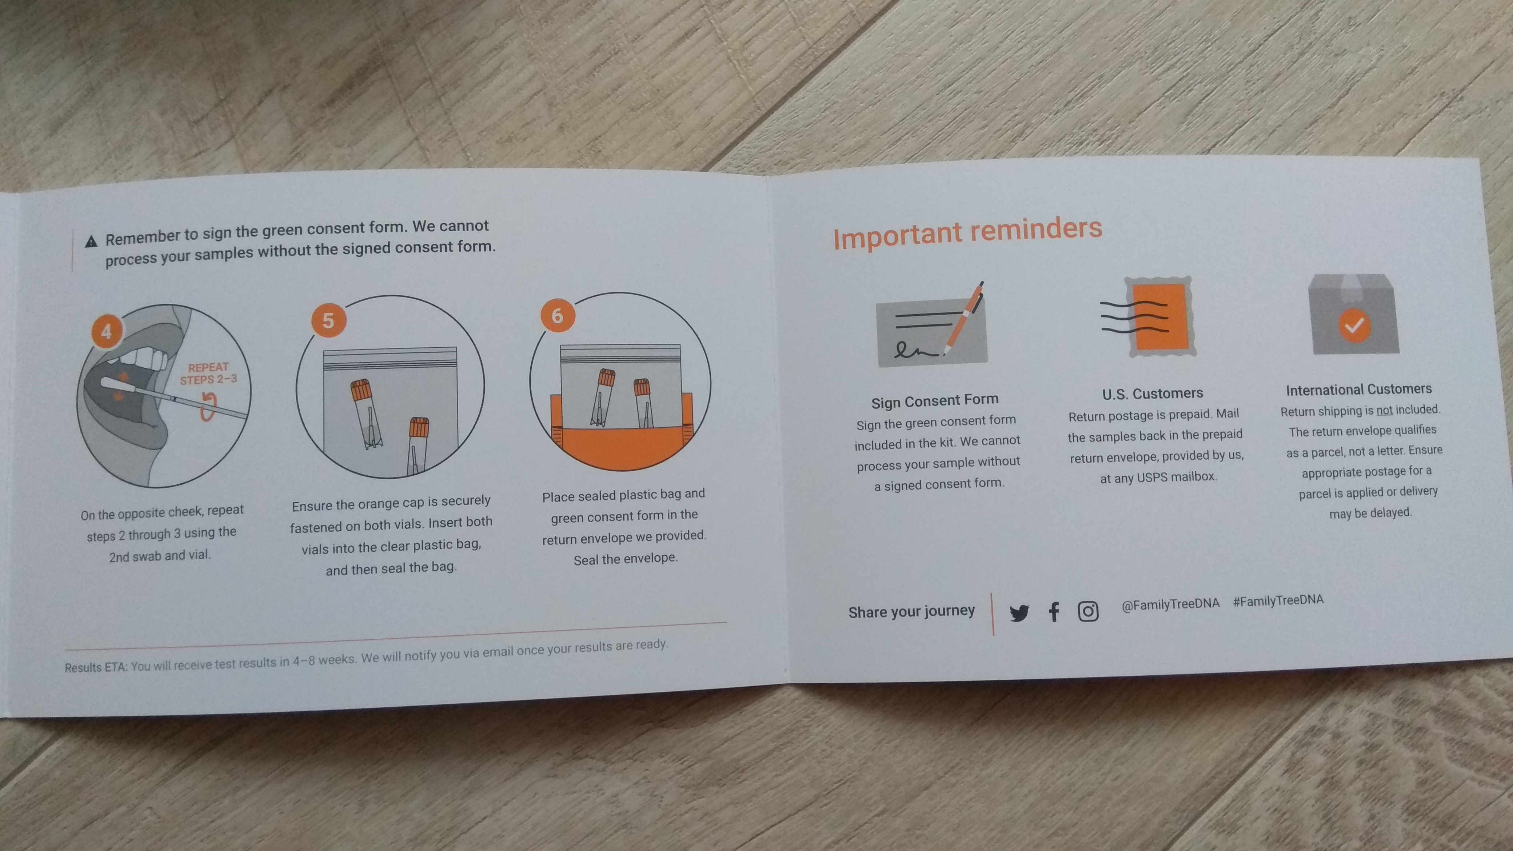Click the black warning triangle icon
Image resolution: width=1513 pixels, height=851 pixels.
pos(91,241)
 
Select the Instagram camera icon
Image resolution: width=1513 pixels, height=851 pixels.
pos(1088,611)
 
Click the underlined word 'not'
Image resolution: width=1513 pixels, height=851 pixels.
pos(1384,410)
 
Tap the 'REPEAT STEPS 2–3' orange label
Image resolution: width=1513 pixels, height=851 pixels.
pos(208,373)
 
